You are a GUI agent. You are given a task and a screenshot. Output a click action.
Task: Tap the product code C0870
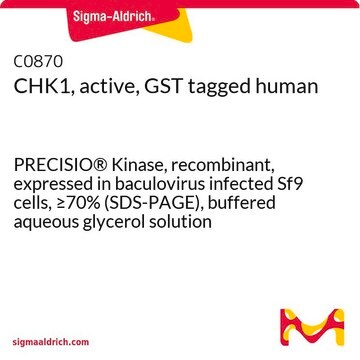pos(38,61)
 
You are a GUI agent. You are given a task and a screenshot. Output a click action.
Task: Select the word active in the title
pos(102,87)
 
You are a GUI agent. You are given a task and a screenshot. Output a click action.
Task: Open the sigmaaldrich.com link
pos(51,342)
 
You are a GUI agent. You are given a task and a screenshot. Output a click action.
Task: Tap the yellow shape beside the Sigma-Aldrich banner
pos(173,28)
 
